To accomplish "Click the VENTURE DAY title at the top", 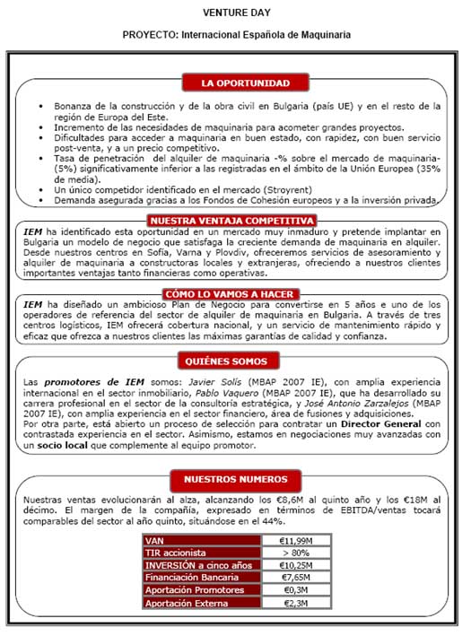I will tap(236, 14).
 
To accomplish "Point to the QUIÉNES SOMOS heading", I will tap(236, 362).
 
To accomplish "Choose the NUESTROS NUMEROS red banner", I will tap(236, 479).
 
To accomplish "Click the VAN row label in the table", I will tap(155, 540).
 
